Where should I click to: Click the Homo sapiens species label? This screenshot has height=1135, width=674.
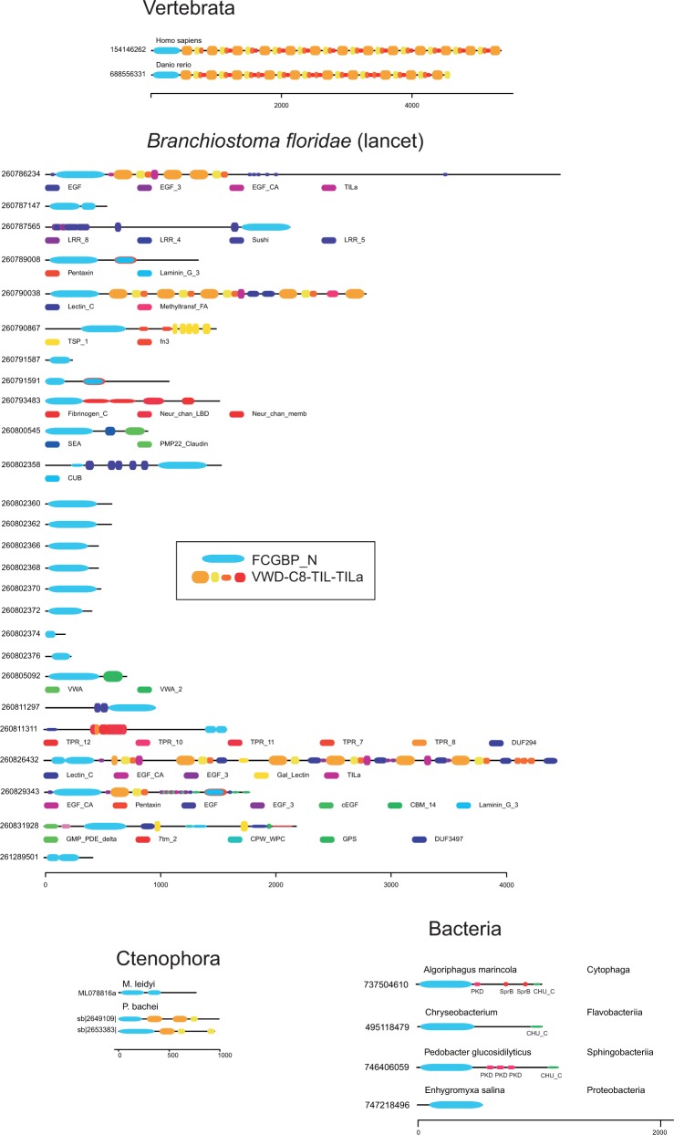pos(179,40)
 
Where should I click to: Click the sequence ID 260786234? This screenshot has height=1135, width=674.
pos(21,173)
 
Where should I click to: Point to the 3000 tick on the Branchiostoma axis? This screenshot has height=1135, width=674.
pos(391,884)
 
